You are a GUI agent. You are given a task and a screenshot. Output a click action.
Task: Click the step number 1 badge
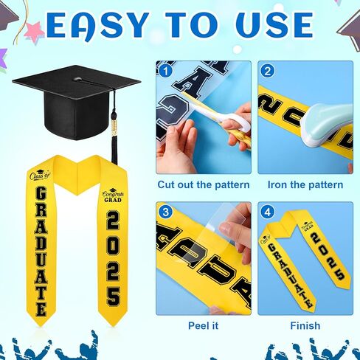[x=166, y=72]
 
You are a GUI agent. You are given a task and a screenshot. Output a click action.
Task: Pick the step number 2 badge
[x=267, y=72]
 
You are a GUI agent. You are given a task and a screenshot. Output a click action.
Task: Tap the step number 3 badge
[x=166, y=212]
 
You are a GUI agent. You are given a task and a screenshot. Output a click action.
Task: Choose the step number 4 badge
[x=267, y=212]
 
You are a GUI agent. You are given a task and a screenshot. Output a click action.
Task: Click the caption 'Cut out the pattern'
[x=203, y=184]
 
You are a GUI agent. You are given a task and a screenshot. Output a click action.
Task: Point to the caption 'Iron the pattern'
[x=305, y=184]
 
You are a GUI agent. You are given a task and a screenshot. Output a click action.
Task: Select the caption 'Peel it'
[x=203, y=325]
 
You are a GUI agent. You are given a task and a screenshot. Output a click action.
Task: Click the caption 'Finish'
[x=305, y=325]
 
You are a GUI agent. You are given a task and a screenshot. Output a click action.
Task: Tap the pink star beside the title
[x=34, y=31]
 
